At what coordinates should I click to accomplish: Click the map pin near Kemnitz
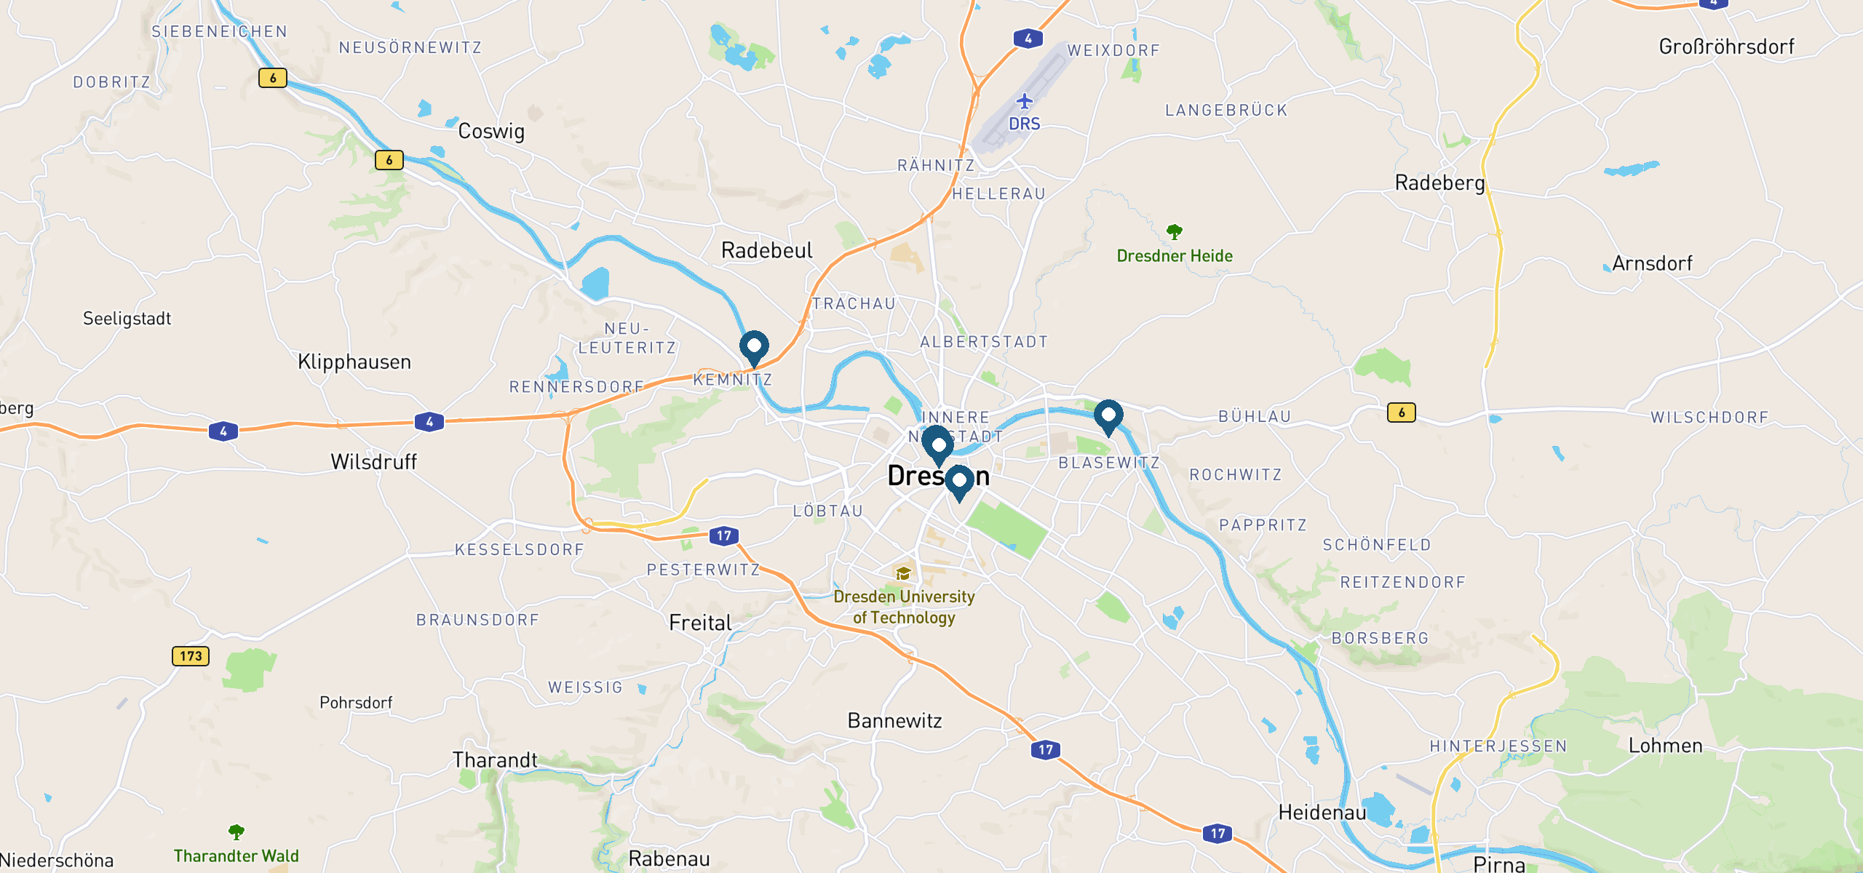[754, 346]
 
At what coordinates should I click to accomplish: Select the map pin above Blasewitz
[1108, 415]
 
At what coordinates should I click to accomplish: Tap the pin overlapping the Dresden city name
[959, 481]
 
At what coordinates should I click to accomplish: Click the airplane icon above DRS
[1025, 101]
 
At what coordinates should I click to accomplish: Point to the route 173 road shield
[191, 656]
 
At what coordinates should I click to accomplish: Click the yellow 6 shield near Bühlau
[1401, 412]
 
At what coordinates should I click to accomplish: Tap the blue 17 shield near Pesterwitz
[723, 536]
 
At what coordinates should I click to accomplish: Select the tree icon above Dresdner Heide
[1174, 232]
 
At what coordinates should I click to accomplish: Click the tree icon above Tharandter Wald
[236, 832]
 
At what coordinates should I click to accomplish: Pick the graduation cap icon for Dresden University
[903, 573]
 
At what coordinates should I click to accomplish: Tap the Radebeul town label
[766, 250]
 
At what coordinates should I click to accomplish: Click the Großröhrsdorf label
[1726, 47]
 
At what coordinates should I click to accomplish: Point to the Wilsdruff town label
[373, 462]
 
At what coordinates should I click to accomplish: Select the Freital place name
[700, 623]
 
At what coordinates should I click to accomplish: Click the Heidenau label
[1322, 812]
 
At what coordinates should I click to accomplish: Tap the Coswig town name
[491, 132]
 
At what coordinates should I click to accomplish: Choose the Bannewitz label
[894, 721]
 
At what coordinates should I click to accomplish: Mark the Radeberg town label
[1439, 183]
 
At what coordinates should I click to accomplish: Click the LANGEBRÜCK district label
[1226, 111]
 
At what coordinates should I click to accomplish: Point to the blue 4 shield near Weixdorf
[1028, 39]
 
